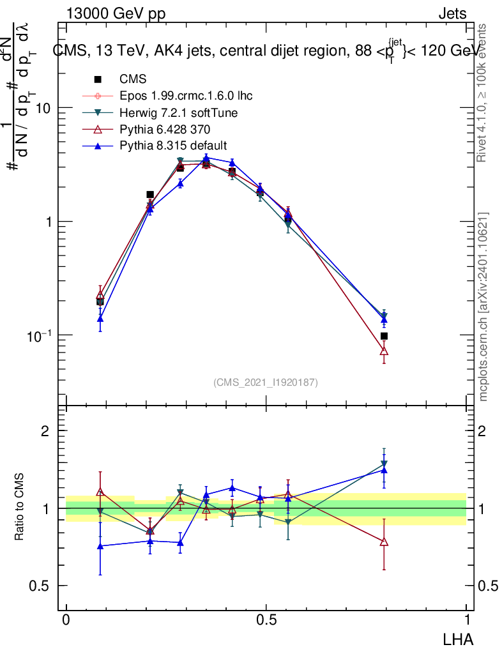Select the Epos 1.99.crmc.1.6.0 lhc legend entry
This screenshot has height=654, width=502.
point(186,96)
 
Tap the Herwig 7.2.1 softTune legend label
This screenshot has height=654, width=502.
point(179,112)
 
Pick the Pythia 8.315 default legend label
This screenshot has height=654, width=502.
point(173,145)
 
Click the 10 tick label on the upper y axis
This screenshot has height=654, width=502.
point(43,108)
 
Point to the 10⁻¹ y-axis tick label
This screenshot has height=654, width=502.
point(39,335)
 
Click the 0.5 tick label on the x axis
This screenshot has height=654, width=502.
point(266,620)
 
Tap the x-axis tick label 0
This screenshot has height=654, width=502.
point(66,620)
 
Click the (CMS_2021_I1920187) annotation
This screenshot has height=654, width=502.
point(266,382)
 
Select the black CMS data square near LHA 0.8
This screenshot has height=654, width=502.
point(384,336)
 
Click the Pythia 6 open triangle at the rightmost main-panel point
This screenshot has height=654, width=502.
point(384,351)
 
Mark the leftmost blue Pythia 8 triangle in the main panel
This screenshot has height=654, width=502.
point(100,318)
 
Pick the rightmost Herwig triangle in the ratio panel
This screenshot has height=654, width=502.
point(384,464)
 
